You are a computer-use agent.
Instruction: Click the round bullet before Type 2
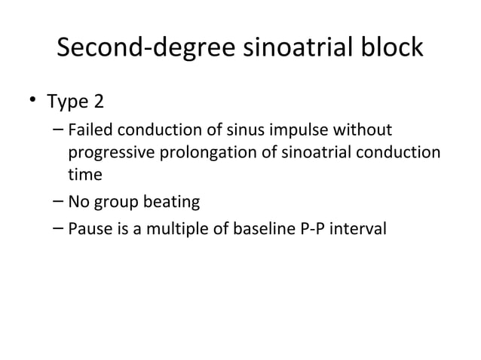pos(32,101)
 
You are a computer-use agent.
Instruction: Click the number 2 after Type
pos(98,101)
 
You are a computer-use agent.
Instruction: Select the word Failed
pos(88,133)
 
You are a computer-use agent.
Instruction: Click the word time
pos(84,174)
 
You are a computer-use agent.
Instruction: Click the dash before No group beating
pos(59,202)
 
